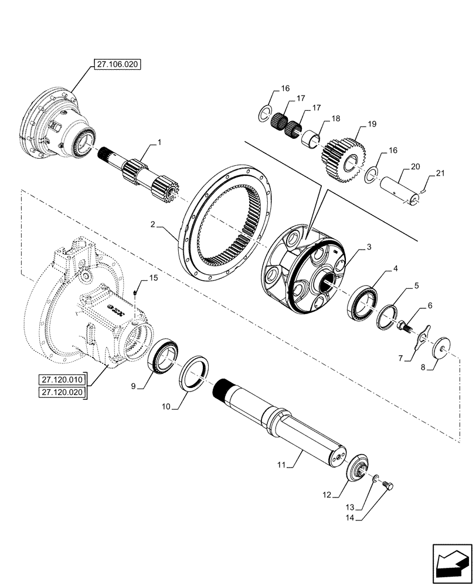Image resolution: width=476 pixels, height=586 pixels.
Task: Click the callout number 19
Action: click(372, 125)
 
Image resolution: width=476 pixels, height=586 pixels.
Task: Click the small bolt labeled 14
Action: click(388, 485)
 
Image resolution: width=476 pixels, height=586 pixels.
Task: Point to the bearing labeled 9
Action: click(163, 359)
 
